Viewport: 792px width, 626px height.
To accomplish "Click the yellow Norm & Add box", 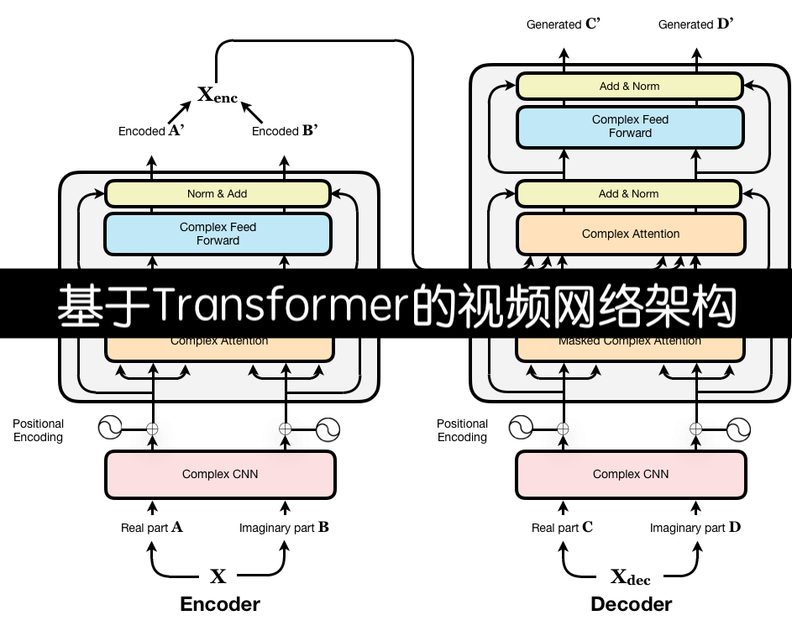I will (218, 194).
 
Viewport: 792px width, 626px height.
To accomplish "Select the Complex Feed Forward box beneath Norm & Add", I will (218, 234).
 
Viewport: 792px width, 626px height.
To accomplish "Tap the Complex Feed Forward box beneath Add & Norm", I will (630, 127).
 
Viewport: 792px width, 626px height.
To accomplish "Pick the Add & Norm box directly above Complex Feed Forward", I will (630, 87).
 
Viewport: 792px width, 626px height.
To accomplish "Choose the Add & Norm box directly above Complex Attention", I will (629, 194).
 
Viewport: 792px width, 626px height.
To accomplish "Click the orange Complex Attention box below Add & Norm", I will (631, 234).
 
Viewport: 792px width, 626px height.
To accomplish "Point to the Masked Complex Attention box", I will (630, 345).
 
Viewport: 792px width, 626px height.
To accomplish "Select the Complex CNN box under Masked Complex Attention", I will (631, 475).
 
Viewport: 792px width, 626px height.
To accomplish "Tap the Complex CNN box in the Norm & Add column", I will (220, 475).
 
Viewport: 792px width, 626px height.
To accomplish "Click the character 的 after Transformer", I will (433, 306).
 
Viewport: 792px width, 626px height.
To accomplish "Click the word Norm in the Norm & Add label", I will (201, 194).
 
